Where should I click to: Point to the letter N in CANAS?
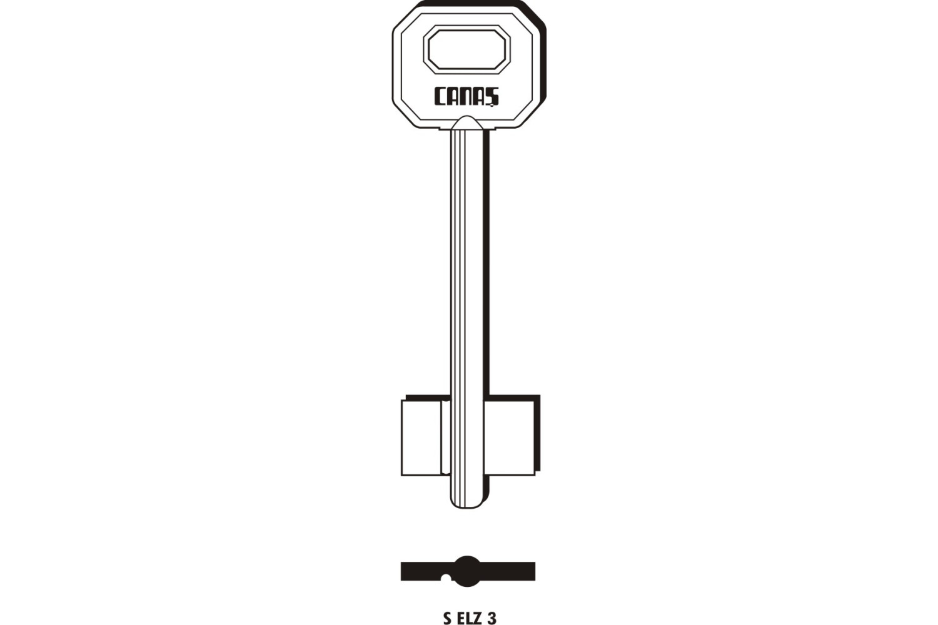[x=467, y=96]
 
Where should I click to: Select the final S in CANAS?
[x=493, y=97]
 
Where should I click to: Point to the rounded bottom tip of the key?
[x=468, y=505]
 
